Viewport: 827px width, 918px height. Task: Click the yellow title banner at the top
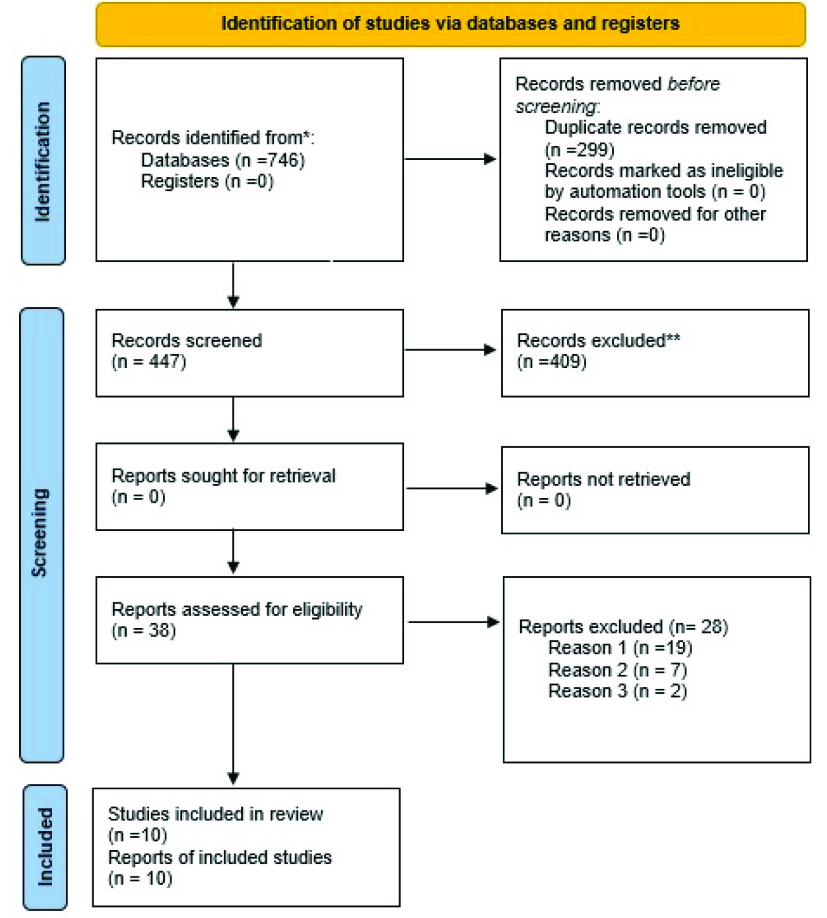pos(451,24)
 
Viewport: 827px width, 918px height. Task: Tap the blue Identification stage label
pos(44,160)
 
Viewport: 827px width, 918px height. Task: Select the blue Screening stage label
pos(42,535)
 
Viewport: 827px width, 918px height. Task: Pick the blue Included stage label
pos(46,847)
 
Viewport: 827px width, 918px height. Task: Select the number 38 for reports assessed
pos(160,631)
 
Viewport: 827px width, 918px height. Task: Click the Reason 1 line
pos(620,648)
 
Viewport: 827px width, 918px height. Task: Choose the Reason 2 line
pos(618,670)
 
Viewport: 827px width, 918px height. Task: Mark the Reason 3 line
pos(618,691)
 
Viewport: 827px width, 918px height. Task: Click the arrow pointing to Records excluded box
pos(451,349)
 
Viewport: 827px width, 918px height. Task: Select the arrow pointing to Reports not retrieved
pos(452,488)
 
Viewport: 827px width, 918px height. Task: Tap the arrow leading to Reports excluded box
pos(453,622)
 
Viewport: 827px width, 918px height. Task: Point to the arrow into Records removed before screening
pos(451,159)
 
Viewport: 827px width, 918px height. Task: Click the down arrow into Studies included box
pos(233,724)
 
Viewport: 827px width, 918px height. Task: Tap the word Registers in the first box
pos(180,181)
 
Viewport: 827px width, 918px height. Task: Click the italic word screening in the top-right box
pos(555,106)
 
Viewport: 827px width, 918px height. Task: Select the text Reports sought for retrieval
pos(223,476)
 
